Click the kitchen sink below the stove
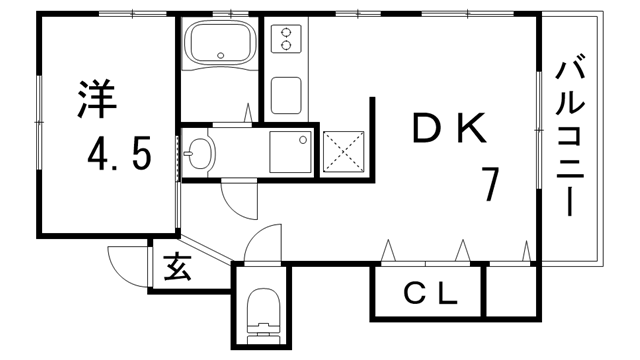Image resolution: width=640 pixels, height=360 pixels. pyautogui.click(x=288, y=95)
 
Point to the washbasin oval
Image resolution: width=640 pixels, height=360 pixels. pyautogui.click(x=201, y=154)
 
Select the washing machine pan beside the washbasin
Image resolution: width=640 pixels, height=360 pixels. pyautogui.click(x=292, y=152)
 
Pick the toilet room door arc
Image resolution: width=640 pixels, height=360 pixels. pyautogui.click(x=262, y=244)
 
